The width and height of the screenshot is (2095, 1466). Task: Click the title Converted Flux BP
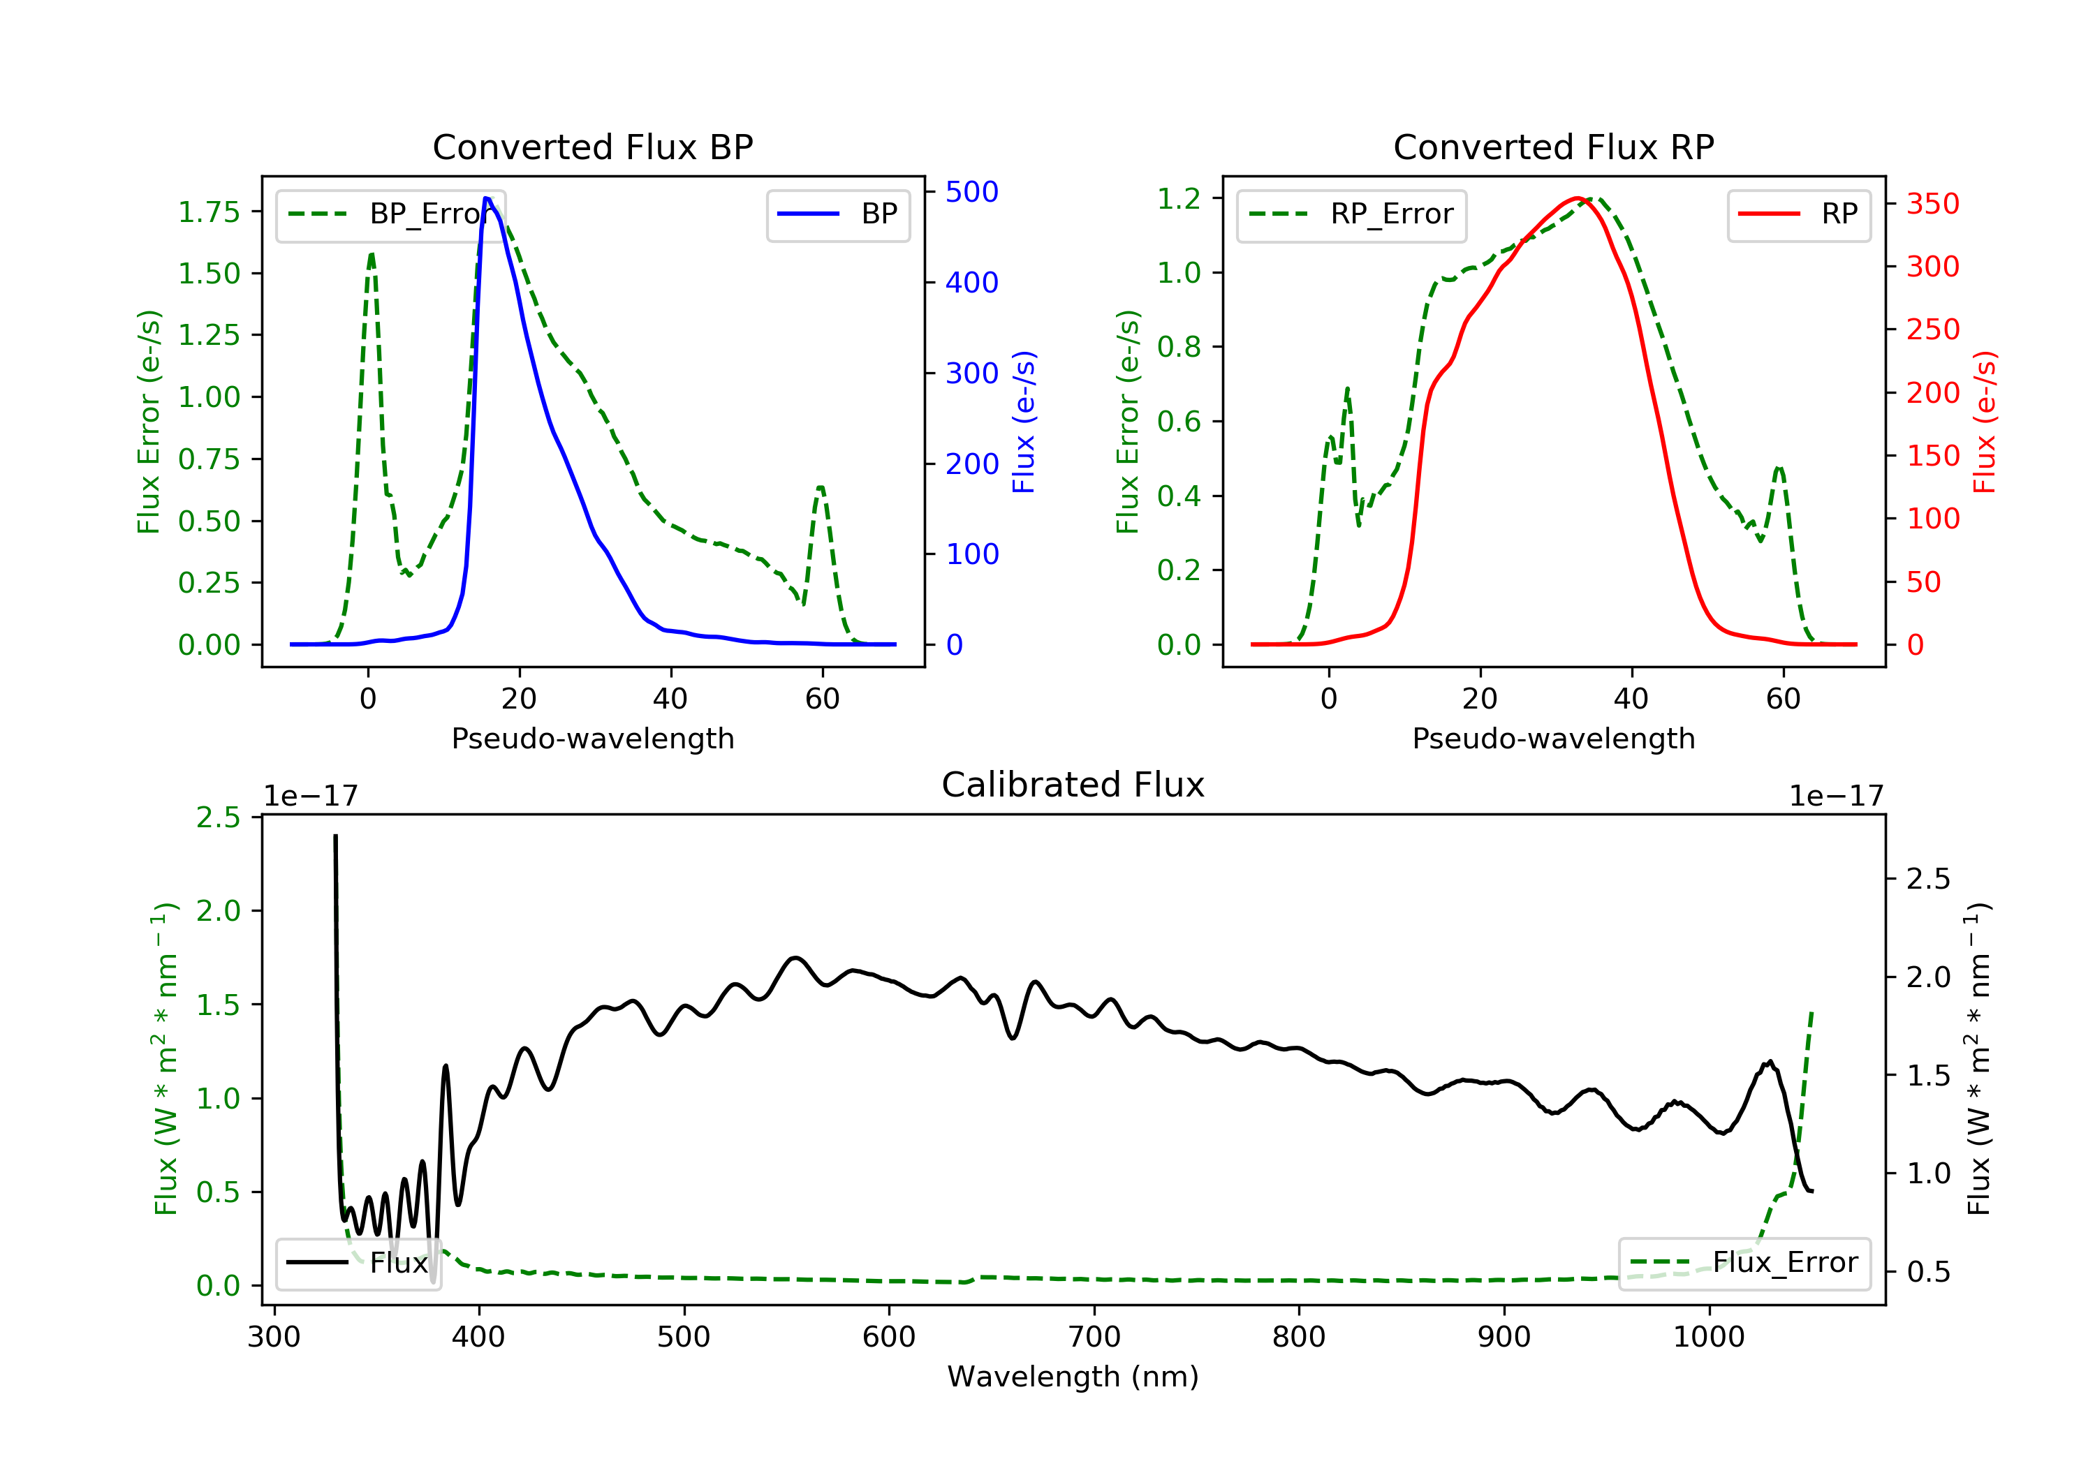pyautogui.click(x=592, y=147)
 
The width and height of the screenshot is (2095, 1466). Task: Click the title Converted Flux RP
pyautogui.click(x=1553, y=147)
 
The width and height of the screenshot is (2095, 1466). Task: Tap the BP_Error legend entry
pyautogui.click(x=390, y=214)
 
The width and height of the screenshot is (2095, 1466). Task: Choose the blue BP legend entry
pyautogui.click(x=837, y=214)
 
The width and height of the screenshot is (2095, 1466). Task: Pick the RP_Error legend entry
pyautogui.click(x=1351, y=214)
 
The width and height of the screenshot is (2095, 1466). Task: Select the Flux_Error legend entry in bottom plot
pyautogui.click(x=1744, y=1263)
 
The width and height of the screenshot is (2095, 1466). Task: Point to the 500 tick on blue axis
pyautogui.click(x=971, y=191)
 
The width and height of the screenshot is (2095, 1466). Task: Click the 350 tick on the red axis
pyautogui.click(x=1932, y=203)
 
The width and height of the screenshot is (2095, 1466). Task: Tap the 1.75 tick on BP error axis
pyautogui.click(x=209, y=212)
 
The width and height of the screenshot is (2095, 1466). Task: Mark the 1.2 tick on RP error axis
pyautogui.click(x=1179, y=198)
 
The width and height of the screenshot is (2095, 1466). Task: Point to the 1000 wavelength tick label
pyautogui.click(x=1708, y=1338)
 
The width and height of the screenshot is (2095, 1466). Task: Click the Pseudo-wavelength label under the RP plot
pyautogui.click(x=1553, y=738)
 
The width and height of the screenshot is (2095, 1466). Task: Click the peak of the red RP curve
pyautogui.click(x=1577, y=198)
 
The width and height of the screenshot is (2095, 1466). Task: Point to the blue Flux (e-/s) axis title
pyautogui.click(x=1024, y=422)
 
